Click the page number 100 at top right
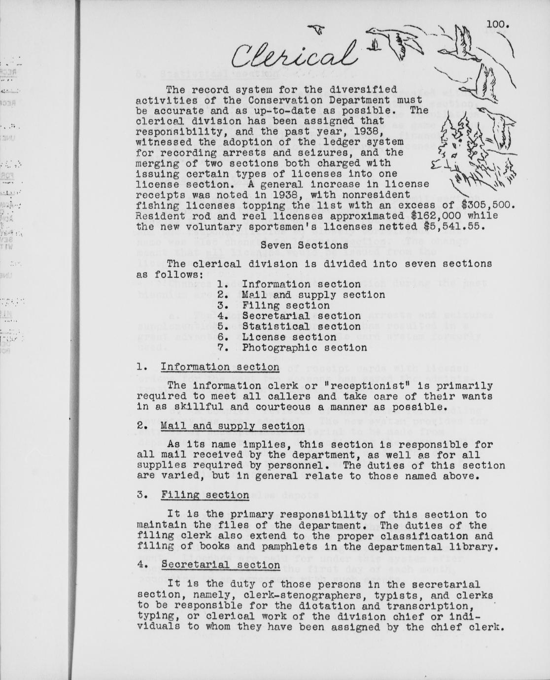[498, 24]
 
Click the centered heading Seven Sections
[304, 245]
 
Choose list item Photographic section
[304, 348]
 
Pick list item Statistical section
[301, 327]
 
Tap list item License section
[289, 338]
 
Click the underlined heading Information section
[220, 368]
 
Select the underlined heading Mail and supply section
[232, 426]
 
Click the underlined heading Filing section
[205, 495]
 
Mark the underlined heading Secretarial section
[220, 565]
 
